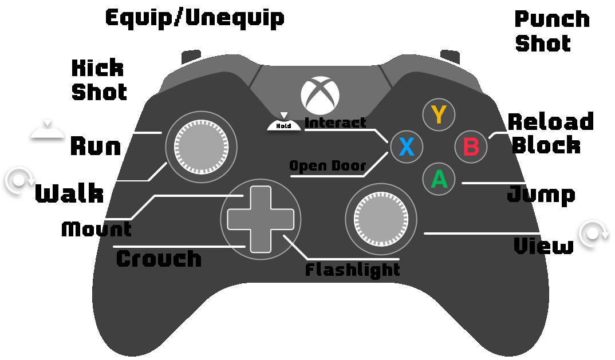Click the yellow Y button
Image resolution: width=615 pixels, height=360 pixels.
439,115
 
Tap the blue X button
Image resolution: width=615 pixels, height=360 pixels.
406,147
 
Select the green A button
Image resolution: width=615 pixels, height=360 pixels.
439,179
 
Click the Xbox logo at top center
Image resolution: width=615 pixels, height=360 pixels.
321,95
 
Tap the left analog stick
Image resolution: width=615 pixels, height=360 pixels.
200,147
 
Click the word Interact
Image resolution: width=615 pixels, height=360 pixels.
335,122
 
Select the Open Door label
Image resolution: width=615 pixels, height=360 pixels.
328,166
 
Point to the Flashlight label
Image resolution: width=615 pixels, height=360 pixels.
352,270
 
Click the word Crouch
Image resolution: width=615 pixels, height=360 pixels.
159,259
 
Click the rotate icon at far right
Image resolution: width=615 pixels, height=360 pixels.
594,234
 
